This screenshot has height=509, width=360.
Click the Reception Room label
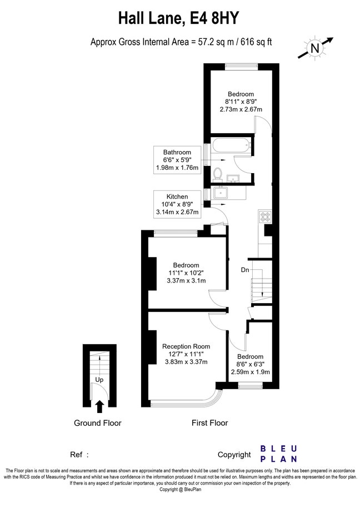[x=186, y=346]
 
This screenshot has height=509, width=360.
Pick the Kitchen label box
[x=177, y=204]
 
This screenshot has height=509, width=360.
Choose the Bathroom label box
[x=177, y=160]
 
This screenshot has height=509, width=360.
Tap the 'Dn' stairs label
[x=245, y=270]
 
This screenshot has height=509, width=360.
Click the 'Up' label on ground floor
[x=99, y=380]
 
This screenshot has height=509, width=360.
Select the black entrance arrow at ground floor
[x=99, y=407]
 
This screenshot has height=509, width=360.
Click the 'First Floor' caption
[x=209, y=423]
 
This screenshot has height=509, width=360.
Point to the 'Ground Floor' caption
[x=98, y=423]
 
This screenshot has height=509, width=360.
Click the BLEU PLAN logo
[x=279, y=454]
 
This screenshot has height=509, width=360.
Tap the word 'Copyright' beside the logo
[x=234, y=455]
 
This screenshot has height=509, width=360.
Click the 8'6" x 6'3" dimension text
[x=249, y=364]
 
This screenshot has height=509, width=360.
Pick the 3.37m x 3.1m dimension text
[x=186, y=281]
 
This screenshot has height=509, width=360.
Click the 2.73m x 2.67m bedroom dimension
[x=241, y=110]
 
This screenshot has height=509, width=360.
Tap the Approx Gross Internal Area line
[x=180, y=42]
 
